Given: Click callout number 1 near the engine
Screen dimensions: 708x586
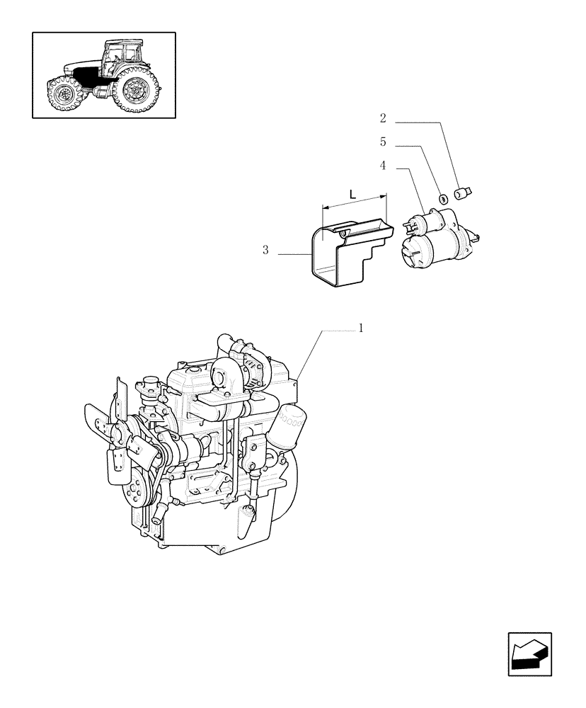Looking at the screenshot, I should tap(361, 328).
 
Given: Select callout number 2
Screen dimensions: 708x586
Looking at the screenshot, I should tap(383, 118).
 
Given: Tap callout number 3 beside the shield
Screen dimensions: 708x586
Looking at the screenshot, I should tap(265, 250).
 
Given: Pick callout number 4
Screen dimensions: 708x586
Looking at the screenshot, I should tap(383, 166).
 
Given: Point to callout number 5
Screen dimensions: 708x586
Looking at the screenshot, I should tap(383, 142).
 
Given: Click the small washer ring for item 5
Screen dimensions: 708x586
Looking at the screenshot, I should tap(444, 199).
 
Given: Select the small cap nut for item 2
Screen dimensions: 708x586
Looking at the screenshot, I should tap(466, 191).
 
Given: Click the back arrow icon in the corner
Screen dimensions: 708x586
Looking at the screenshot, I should tap(529, 655).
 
